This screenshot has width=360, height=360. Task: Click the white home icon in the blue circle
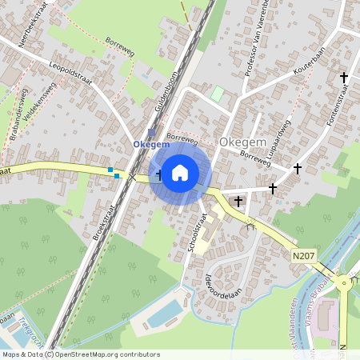tap(180, 172)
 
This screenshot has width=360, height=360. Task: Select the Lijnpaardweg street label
tap(280, 142)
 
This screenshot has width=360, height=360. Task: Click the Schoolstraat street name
tap(193, 236)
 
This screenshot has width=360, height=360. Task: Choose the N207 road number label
tap(302, 254)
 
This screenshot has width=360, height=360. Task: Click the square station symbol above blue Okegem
tap(151, 133)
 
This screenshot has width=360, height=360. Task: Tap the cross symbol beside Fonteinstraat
tap(344, 78)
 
